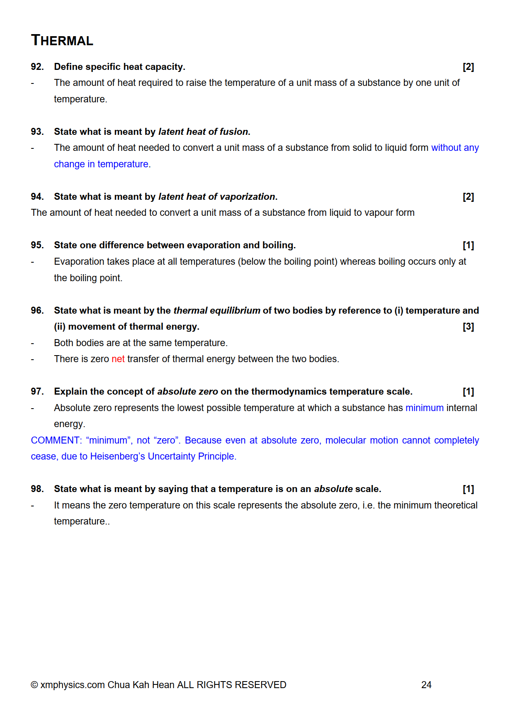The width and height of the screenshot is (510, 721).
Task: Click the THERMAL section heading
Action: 62,40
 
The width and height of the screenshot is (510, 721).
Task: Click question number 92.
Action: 37,67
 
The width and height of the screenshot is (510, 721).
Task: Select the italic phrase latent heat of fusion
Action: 203,132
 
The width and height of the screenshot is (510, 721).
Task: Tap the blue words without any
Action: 454,148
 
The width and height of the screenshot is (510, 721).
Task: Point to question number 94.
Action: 37,196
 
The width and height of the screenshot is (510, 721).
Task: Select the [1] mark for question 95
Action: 468,245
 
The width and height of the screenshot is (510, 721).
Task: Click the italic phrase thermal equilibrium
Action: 217,310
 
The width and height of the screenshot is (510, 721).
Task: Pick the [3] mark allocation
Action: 468,326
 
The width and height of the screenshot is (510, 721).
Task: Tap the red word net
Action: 118,359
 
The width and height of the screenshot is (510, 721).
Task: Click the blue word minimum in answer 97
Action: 424,408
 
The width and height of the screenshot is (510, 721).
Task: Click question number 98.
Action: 37,489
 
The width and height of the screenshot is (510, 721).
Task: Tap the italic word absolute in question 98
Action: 333,489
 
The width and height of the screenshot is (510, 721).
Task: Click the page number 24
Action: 426,685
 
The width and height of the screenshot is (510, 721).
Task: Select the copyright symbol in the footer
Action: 35,685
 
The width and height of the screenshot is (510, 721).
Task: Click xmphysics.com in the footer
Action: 72,685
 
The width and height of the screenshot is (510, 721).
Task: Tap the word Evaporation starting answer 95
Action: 79,261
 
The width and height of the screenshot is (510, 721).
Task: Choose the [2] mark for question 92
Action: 468,67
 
